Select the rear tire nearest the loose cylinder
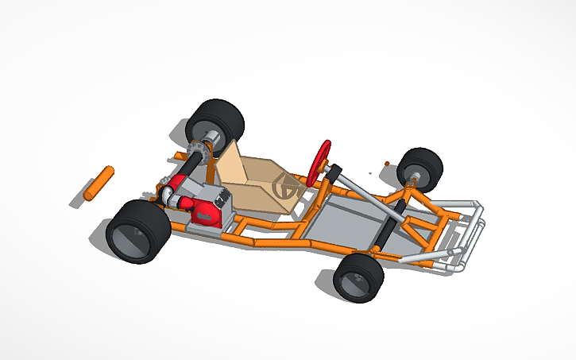pyautogui.click(x=137, y=230)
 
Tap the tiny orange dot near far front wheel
pyautogui.click(x=387, y=164)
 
